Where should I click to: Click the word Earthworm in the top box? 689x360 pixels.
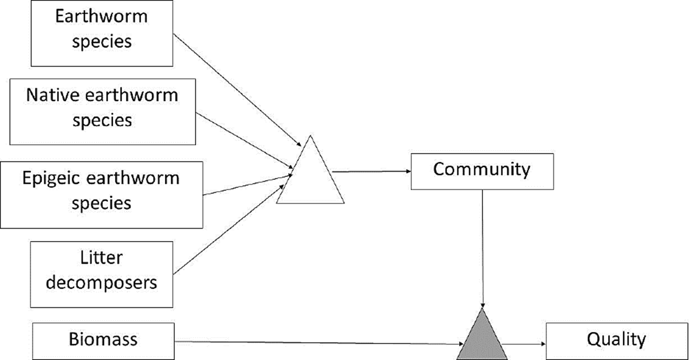[101, 17]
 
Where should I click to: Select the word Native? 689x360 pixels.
[52, 95]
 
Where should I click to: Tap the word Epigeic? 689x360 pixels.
[51, 178]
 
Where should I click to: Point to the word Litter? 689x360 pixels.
[101, 258]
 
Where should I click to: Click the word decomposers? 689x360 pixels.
[101, 282]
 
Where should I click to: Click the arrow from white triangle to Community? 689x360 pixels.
[371, 171]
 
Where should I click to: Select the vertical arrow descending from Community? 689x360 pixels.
[482, 247]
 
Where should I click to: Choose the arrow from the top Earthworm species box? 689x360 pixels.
[237, 90]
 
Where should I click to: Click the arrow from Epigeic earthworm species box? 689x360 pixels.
[247, 185]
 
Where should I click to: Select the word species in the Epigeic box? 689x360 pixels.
[101, 204]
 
